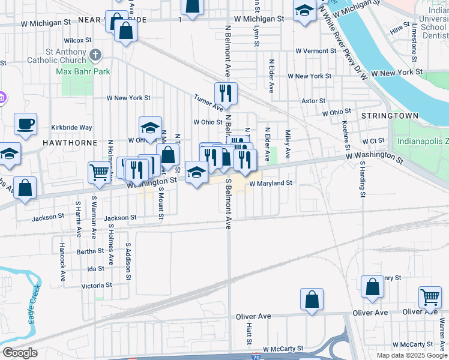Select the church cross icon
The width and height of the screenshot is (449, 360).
pyautogui.click(x=95, y=56)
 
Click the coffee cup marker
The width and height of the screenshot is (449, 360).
pyautogui.click(x=25, y=124)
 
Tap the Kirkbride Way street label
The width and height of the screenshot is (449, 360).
pyautogui.click(x=71, y=127)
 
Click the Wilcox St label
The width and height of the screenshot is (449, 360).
pyautogui.click(x=77, y=40)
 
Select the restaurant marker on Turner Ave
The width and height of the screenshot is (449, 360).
pyautogui.click(x=226, y=92)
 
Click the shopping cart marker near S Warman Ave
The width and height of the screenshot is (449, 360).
pyautogui.click(x=100, y=172)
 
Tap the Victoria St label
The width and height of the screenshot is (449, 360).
pyautogui.click(x=96, y=286)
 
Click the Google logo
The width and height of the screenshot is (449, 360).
pyautogui.click(x=20, y=353)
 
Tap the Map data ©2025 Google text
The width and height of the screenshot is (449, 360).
pyautogui.click(x=411, y=355)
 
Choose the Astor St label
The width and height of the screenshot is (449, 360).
pyautogui.click(x=313, y=101)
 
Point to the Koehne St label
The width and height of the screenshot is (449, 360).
pyautogui.click(x=346, y=135)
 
